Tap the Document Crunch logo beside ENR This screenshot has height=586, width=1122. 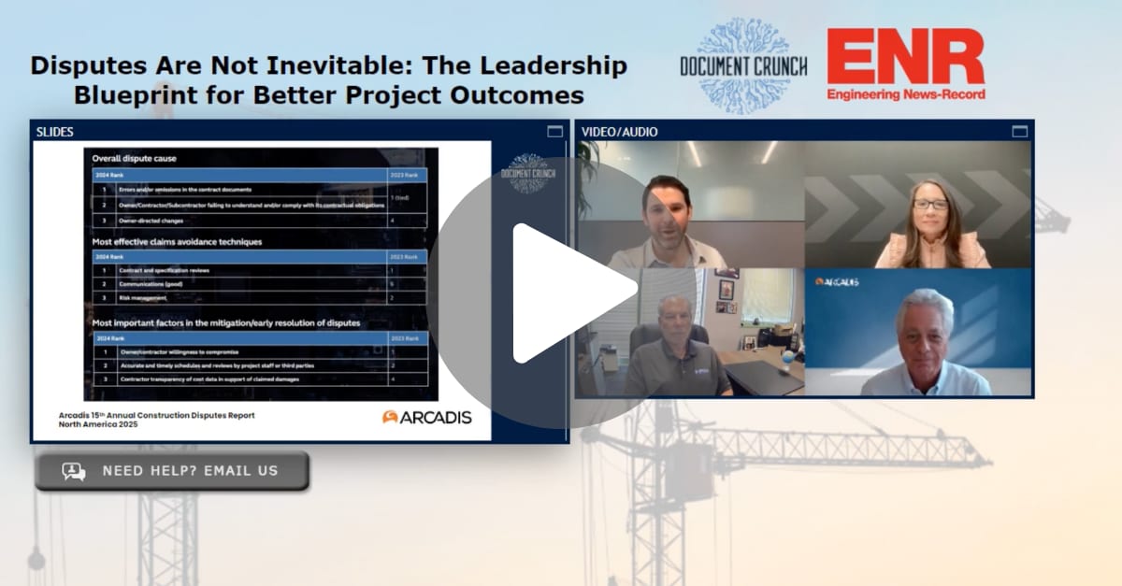tap(744, 66)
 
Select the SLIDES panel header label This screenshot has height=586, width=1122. tap(55, 132)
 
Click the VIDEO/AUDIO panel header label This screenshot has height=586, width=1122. tap(619, 132)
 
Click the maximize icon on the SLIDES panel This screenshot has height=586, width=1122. tap(555, 132)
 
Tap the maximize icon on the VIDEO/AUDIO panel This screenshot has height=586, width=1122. tap(1019, 132)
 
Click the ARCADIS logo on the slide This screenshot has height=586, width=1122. tap(426, 417)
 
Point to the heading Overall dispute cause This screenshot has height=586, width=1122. tap(134, 159)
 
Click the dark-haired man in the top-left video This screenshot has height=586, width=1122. tap(666, 220)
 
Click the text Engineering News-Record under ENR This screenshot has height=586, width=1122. tap(905, 94)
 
